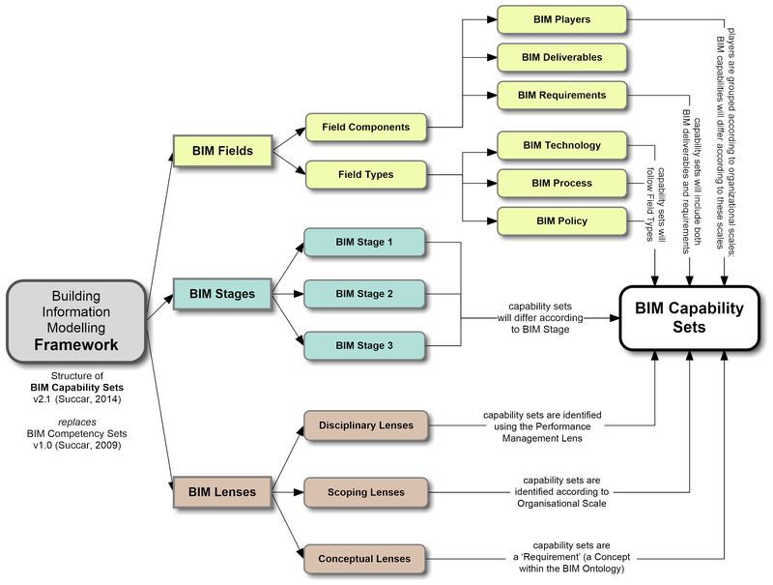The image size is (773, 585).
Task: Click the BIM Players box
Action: coord(562,18)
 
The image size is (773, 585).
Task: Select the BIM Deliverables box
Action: coord(562,57)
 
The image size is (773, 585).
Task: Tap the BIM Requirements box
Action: coord(562,95)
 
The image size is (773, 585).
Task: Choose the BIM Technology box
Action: coord(562,145)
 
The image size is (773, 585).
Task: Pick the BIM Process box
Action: coord(562,183)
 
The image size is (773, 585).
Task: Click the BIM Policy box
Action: coord(562,221)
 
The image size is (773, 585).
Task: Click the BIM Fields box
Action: coord(222,151)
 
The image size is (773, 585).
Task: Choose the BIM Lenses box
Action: coord(221,491)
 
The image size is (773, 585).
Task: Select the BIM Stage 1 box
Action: coord(364,241)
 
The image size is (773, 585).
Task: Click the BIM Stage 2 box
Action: coord(364,292)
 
